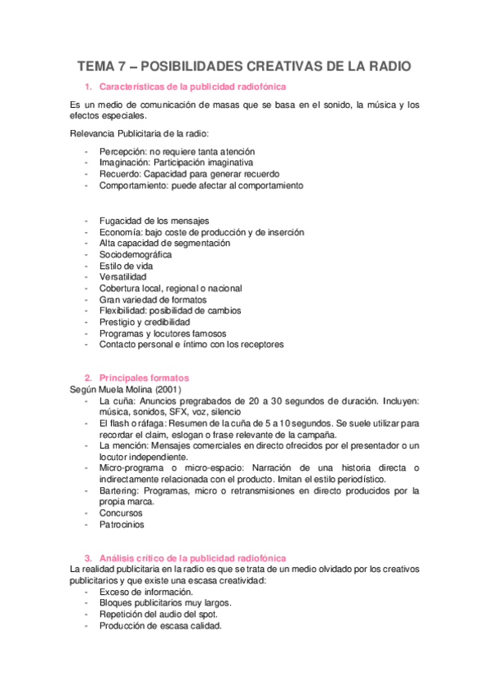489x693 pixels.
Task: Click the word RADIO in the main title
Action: [x=384, y=67]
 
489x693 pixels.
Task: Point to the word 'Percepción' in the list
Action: [x=122, y=151]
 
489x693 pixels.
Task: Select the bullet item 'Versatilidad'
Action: [x=122, y=277]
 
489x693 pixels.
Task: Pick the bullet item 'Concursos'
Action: [x=120, y=513]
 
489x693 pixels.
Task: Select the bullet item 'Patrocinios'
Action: [x=121, y=525]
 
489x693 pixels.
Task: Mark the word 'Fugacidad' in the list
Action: [x=120, y=220]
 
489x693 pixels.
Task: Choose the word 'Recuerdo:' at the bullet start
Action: [x=120, y=174]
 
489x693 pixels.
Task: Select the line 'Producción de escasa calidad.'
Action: [x=160, y=626]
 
